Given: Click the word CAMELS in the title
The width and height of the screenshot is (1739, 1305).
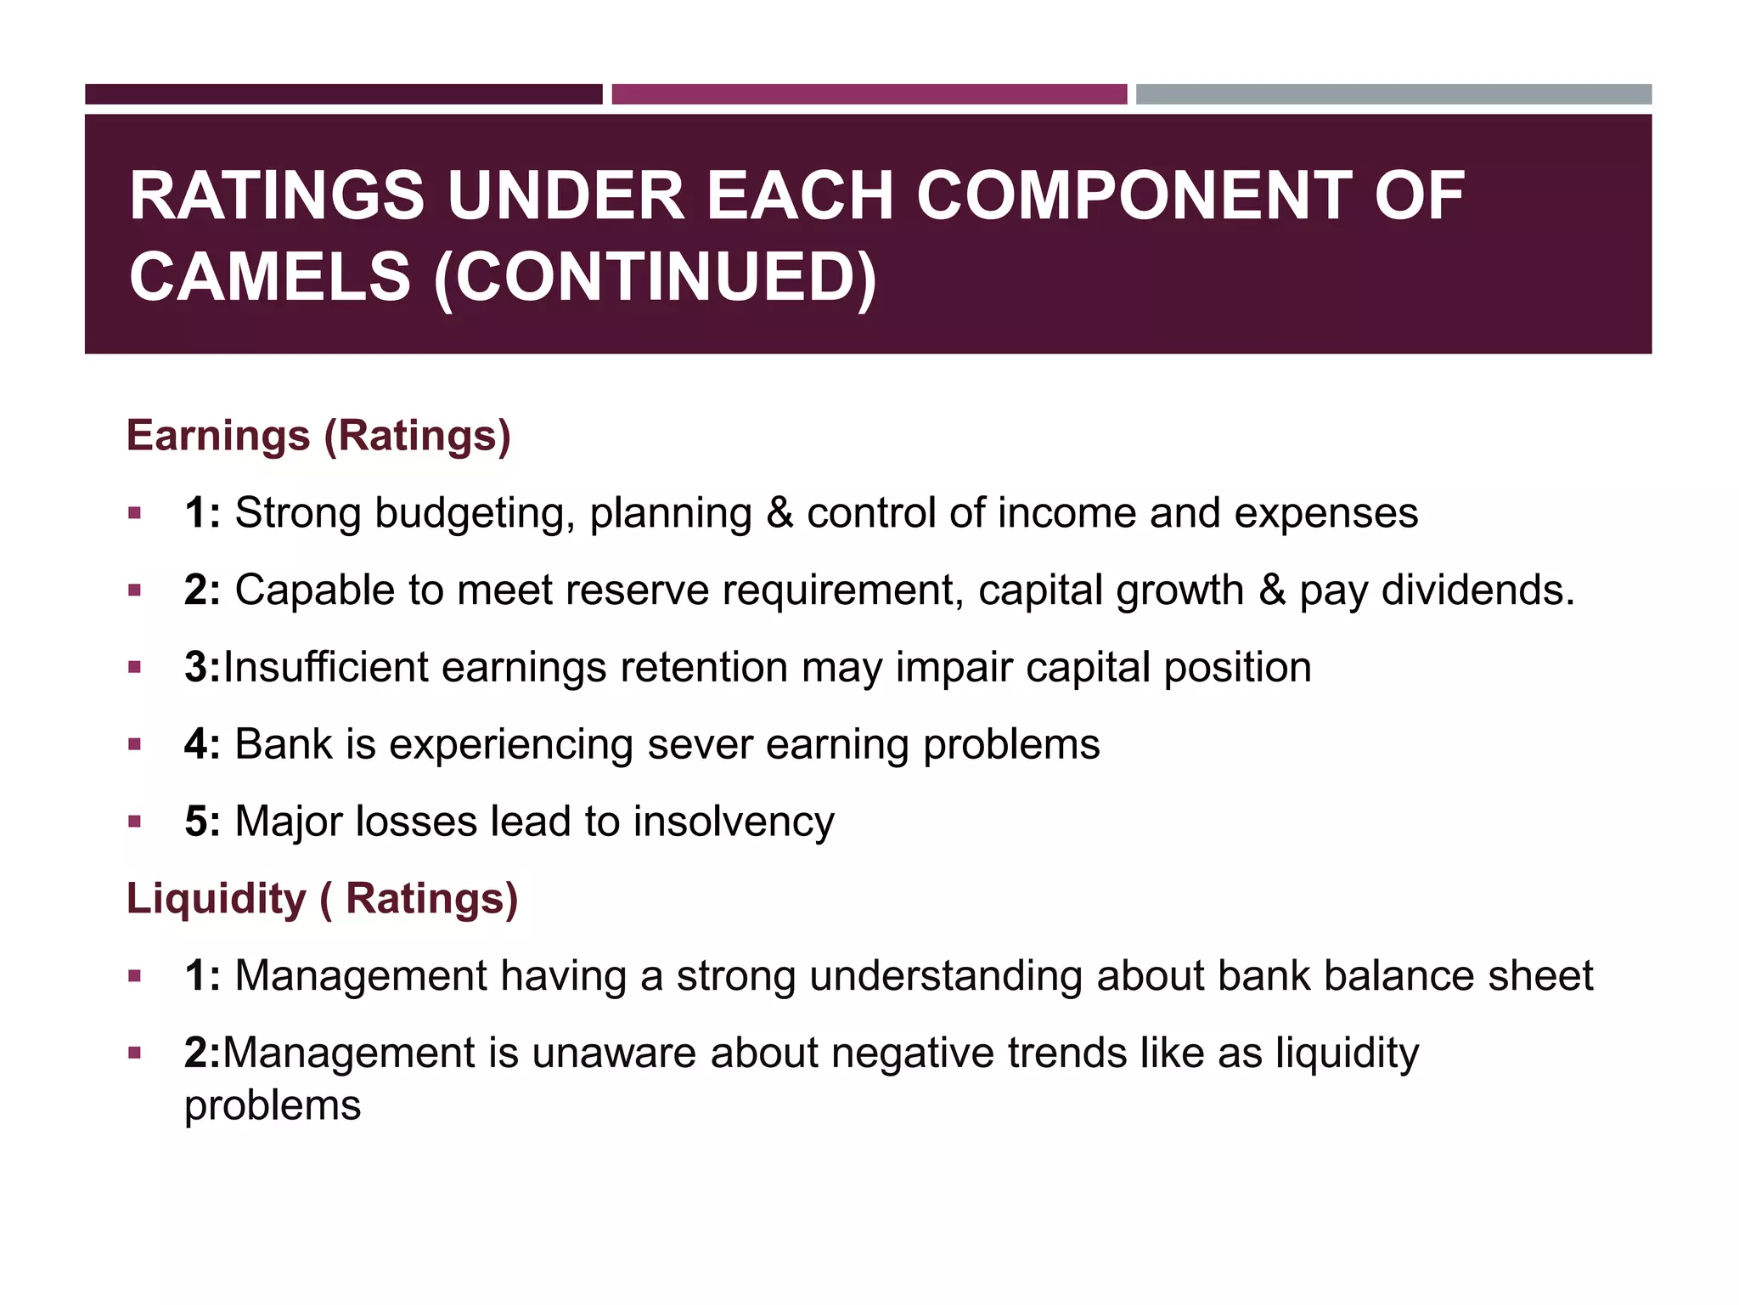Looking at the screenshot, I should [x=269, y=277].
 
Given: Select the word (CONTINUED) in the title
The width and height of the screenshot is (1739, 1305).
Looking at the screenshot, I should [x=655, y=277].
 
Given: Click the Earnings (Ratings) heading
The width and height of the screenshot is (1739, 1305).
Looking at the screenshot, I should [x=318, y=435].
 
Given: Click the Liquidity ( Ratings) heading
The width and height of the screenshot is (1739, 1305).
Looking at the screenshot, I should [x=322, y=898].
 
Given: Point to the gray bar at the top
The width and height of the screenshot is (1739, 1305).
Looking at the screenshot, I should [x=1393, y=94].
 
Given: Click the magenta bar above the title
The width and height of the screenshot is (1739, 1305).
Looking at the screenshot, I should [x=869, y=94].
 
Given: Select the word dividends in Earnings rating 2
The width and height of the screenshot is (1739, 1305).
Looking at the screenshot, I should [x=1477, y=590].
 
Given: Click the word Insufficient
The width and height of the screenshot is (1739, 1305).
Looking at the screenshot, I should [x=325, y=667].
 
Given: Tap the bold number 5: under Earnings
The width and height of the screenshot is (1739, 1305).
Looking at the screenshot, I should [x=202, y=822].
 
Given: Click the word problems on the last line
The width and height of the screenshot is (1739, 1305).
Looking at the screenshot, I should [x=273, y=1105].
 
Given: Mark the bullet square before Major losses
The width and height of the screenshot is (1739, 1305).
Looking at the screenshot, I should [x=134, y=822].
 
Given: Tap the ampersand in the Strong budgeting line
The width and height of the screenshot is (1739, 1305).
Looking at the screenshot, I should [x=779, y=513].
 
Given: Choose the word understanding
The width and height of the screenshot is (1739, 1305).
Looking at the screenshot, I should [x=945, y=975].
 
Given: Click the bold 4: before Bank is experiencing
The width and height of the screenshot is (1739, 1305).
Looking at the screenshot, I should [x=202, y=744].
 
